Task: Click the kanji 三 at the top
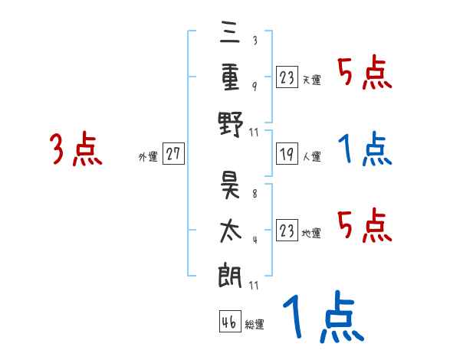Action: (232, 33)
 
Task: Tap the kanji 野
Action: (232, 123)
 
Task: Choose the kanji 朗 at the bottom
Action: (232, 273)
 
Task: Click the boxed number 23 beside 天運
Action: (287, 77)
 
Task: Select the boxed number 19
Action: (287, 154)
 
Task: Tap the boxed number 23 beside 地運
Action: (287, 230)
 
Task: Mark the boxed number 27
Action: (173, 154)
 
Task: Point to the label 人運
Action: (312, 156)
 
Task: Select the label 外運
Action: (148, 156)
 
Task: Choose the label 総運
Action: (255, 324)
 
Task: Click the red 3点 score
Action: (76, 149)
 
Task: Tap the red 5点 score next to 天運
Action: (365, 74)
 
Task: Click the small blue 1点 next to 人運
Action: (365, 149)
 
